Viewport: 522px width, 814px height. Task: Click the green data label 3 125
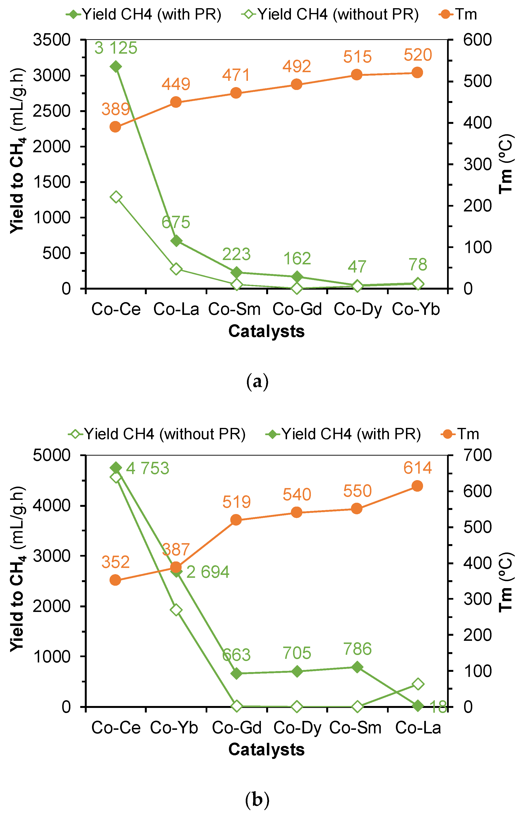pyautogui.click(x=116, y=48)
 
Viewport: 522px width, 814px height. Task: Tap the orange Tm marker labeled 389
pyautogui.click(x=115, y=127)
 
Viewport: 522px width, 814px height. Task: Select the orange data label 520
pyautogui.click(x=418, y=55)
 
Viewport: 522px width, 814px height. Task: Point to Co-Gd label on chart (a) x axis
pyautogui.click(x=297, y=309)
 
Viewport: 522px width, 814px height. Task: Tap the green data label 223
pyautogui.click(x=236, y=254)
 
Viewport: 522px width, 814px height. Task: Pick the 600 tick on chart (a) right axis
pyautogui.click(x=477, y=40)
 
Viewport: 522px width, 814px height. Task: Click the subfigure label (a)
pyautogui.click(x=257, y=382)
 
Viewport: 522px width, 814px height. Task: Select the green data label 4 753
pyautogui.click(x=147, y=469)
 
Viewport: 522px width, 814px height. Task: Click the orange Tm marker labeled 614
pyautogui.click(x=417, y=486)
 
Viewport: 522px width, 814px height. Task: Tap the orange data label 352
pyautogui.click(x=116, y=562)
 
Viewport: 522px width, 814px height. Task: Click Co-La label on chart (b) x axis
pyautogui.click(x=418, y=728)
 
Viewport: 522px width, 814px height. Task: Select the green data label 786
pyautogui.click(x=358, y=649)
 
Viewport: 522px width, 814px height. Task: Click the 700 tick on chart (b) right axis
pyautogui.click(x=477, y=455)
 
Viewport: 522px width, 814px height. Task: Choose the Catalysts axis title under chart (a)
pyautogui.click(x=266, y=331)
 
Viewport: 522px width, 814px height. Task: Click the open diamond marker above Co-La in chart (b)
pyautogui.click(x=418, y=684)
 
